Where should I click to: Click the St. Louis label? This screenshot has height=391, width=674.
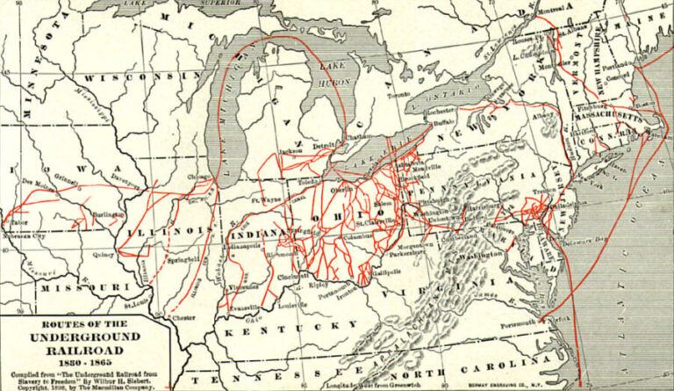click(x=137, y=306)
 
